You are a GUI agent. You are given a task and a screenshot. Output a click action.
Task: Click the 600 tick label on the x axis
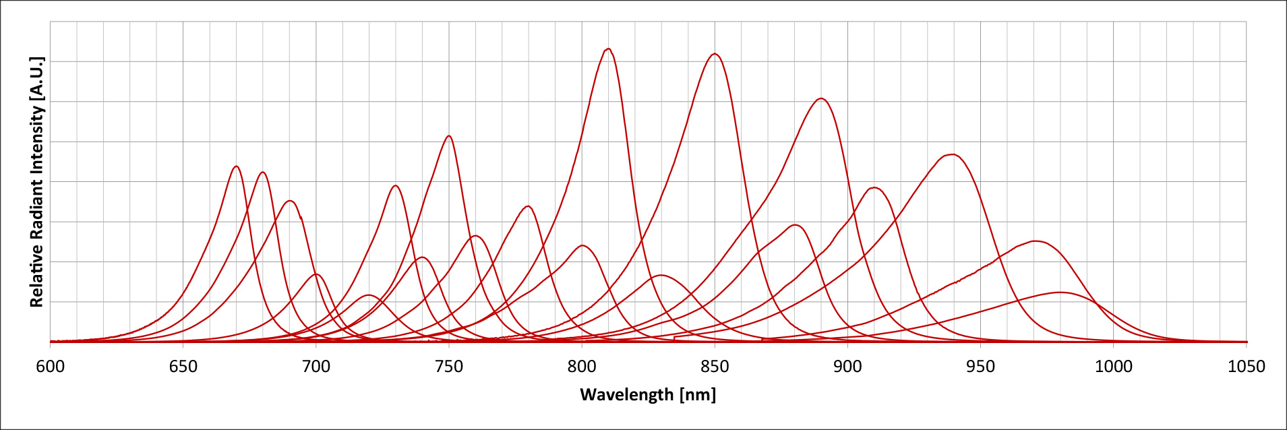(x=50, y=367)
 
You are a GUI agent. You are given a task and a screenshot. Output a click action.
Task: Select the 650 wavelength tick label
(x=183, y=367)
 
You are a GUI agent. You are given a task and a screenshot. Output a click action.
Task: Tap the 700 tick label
(x=316, y=367)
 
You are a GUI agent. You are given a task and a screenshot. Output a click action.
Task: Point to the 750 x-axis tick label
(x=449, y=367)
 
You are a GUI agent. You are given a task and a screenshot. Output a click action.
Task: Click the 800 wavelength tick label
(x=582, y=367)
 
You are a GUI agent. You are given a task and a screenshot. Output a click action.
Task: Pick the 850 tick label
(x=715, y=367)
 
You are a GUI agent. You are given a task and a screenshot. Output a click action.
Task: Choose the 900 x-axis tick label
(x=847, y=367)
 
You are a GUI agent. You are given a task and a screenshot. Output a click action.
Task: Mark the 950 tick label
(x=980, y=367)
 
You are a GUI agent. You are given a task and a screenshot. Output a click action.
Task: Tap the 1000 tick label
(x=1113, y=367)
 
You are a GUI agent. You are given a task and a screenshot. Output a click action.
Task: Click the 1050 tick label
(x=1246, y=367)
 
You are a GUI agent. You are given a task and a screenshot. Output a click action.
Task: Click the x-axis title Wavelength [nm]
(x=647, y=394)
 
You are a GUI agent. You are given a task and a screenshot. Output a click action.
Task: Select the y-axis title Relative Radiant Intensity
(x=36, y=182)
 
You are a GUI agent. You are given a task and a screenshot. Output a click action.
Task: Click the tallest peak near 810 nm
(x=609, y=49)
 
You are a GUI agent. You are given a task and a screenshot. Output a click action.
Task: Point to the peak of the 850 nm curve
(x=715, y=54)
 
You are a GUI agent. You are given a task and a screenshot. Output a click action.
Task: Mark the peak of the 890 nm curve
(x=820, y=99)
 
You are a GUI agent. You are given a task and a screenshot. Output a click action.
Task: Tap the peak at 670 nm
(x=236, y=166)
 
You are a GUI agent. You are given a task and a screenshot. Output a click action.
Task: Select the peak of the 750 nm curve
(x=449, y=136)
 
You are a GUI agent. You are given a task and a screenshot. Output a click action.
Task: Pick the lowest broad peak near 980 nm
(x=1060, y=293)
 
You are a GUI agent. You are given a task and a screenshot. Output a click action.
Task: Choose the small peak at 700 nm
(x=316, y=274)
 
